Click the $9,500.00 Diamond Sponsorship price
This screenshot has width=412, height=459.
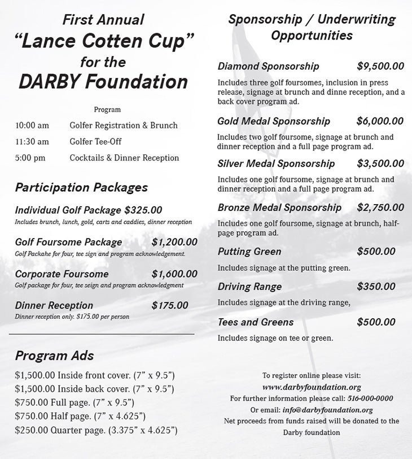click(x=380, y=67)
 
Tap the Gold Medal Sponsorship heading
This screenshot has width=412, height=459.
click(x=274, y=122)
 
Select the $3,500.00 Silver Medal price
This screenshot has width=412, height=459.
click(x=380, y=164)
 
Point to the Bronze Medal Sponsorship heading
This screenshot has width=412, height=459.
click(x=279, y=208)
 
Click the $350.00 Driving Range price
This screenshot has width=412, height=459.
click(x=376, y=287)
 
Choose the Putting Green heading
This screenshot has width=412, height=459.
click(x=249, y=252)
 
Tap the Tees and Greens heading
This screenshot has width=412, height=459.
click(x=256, y=322)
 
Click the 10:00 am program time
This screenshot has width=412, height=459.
click(x=32, y=125)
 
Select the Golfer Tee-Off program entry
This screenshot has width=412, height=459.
click(x=95, y=142)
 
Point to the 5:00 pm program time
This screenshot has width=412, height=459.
click(x=30, y=158)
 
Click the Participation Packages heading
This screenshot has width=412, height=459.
click(x=81, y=188)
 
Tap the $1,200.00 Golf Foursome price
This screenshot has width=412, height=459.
click(x=174, y=243)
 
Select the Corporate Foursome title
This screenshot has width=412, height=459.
click(x=62, y=274)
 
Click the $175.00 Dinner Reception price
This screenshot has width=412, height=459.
click(x=170, y=306)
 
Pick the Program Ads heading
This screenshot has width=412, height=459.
click(x=54, y=356)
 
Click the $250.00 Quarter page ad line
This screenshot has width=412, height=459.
click(x=97, y=431)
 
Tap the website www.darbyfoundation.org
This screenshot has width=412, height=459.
click(x=312, y=388)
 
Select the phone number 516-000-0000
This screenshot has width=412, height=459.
click(x=370, y=399)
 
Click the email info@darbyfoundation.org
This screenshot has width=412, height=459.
click(x=327, y=410)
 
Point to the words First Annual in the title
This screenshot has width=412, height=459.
click(x=103, y=20)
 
